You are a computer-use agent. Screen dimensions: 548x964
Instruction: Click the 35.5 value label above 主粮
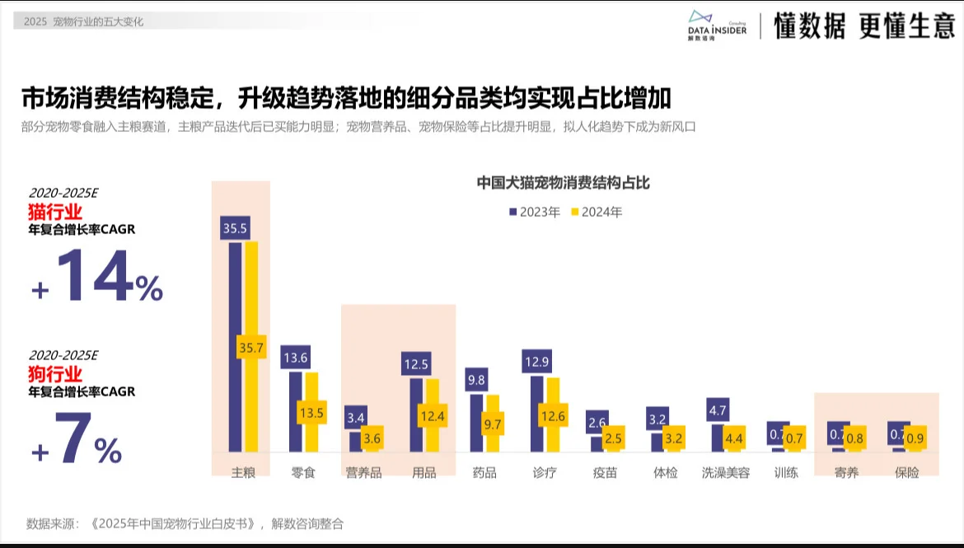235,228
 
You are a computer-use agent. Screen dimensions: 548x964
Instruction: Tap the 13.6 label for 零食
295,358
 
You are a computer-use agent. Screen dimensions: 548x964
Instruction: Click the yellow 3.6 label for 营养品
372,438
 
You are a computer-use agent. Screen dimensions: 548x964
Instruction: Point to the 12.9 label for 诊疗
536,362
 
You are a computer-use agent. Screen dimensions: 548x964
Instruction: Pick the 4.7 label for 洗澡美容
717,410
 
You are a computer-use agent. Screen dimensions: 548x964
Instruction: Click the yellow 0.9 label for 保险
915,438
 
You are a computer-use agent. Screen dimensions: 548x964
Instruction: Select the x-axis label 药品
484,473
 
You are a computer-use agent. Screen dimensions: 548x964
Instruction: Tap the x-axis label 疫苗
606,473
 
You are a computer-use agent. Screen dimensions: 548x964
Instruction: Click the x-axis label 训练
786,473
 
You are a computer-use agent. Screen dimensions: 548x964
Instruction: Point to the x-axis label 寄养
846,473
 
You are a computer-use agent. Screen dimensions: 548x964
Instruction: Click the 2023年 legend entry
535,212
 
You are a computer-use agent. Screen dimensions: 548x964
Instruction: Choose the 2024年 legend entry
597,212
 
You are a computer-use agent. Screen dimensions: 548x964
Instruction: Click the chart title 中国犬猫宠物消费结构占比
564,182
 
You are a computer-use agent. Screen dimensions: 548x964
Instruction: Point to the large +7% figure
77,442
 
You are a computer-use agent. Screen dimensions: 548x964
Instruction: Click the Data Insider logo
717,26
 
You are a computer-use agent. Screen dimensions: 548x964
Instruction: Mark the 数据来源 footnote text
185,523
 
